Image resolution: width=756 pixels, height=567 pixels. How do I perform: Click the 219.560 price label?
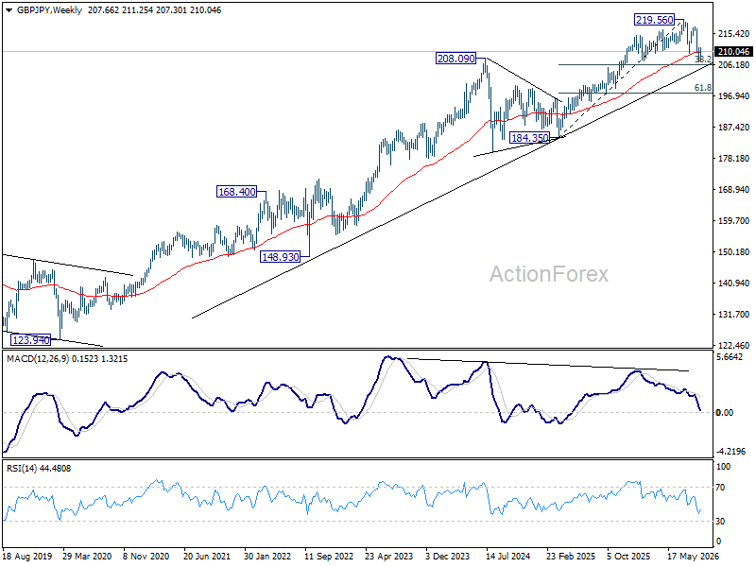(x=654, y=20)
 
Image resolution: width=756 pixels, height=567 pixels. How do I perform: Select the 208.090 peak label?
(x=455, y=59)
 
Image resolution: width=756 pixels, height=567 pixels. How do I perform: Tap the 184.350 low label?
(x=530, y=138)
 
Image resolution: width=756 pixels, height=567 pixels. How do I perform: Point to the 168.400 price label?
(x=237, y=192)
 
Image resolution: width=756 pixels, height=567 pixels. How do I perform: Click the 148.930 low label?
(x=280, y=256)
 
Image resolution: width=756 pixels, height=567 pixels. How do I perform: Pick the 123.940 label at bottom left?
(x=31, y=340)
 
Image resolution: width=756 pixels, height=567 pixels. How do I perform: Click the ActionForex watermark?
(x=549, y=274)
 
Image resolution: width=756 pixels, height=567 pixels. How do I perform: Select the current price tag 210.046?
(x=733, y=52)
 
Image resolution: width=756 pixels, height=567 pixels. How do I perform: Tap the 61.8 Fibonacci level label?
(x=702, y=87)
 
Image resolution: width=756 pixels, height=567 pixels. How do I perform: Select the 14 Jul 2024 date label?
(x=508, y=556)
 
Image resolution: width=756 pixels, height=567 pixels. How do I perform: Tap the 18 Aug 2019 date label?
(x=27, y=556)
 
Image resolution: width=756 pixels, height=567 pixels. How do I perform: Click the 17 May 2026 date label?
(x=694, y=556)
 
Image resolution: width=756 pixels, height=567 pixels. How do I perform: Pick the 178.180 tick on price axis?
(x=734, y=158)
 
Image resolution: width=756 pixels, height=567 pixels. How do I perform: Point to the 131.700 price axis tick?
(x=734, y=314)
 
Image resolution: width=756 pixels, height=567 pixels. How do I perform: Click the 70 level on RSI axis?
(x=720, y=488)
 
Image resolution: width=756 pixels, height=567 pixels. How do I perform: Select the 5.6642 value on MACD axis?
(x=730, y=357)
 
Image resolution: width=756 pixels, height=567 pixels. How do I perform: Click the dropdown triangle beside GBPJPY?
(x=9, y=10)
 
